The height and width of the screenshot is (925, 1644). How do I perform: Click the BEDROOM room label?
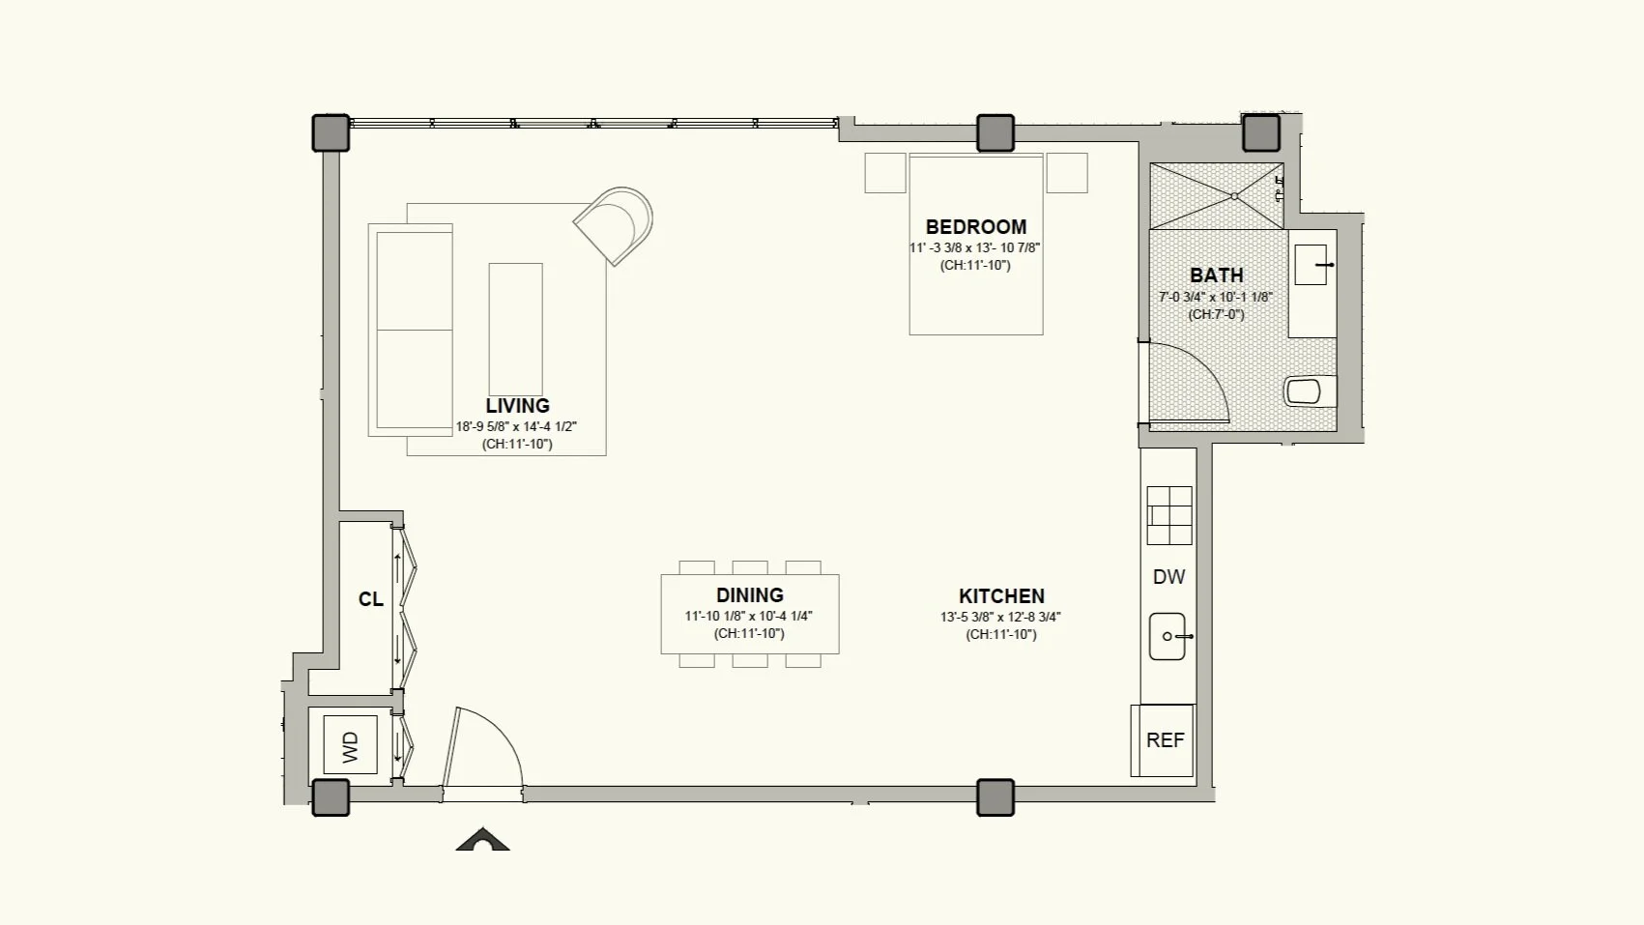975,227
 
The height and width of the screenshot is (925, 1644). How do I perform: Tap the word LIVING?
517,406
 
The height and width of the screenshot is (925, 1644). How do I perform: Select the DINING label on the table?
749,594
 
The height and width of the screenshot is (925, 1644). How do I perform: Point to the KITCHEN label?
1001,596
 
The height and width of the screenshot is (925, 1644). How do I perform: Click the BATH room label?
1216,275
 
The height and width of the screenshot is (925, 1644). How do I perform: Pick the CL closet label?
370,600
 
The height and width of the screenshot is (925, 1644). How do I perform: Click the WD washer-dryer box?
350,745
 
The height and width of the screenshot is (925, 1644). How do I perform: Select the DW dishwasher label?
1168,577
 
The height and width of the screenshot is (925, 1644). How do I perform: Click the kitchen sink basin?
1167,637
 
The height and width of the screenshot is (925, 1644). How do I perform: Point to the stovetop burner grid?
1169,515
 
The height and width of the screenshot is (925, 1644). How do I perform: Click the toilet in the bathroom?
1310,391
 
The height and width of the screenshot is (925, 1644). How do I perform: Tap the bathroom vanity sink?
1311,265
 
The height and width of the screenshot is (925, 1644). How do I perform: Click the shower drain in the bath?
1234,196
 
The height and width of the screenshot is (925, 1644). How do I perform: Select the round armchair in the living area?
615,224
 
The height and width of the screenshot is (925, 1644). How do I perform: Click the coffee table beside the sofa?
516,330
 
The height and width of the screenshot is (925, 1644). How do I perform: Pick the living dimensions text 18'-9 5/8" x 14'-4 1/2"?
517,426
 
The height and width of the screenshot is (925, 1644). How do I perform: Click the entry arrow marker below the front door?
482,839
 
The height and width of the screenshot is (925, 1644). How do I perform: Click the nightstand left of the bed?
885,173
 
